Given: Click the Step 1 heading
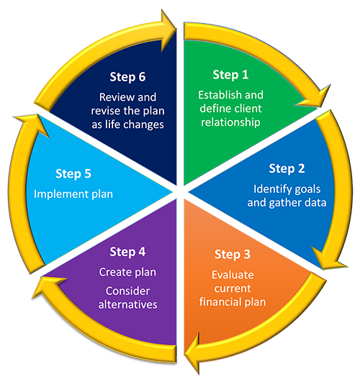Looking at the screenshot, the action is pyautogui.click(x=230, y=75).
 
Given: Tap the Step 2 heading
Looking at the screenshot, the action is pyautogui.click(x=287, y=168).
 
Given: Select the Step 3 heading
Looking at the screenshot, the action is pyautogui.click(x=233, y=255).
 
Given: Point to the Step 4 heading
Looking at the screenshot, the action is pyautogui.click(x=127, y=252).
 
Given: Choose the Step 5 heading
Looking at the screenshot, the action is pyautogui.click(x=73, y=174).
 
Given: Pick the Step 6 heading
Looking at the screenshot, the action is pyautogui.click(x=127, y=77).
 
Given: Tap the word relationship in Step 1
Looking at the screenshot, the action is pyautogui.click(x=230, y=122).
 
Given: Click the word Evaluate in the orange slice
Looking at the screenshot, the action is pyautogui.click(x=233, y=275).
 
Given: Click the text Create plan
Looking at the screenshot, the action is pyautogui.click(x=127, y=273).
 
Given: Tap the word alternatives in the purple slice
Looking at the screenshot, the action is pyautogui.click(x=128, y=304).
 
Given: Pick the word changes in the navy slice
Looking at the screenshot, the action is pyautogui.click(x=147, y=124).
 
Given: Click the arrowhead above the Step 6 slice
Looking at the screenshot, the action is pyautogui.click(x=168, y=30).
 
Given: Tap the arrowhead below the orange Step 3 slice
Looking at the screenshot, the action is pyautogui.click(x=192, y=353).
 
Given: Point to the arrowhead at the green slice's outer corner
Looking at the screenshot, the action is pyautogui.click(x=315, y=98).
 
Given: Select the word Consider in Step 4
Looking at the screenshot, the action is pyautogui.click(x=128, y=291).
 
